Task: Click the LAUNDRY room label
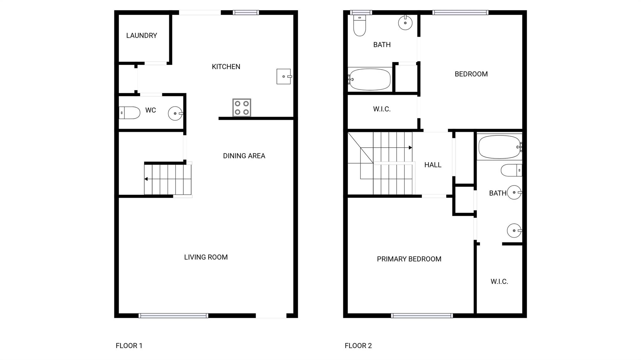click(141, 36)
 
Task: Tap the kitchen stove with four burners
click(242, 108)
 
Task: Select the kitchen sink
click(284, 76)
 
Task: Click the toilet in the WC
click(129, 113)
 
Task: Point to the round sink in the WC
click(175, 113)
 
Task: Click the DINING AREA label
click(244, 156)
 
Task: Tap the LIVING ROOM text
click(206, 257)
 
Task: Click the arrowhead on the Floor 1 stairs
click(146, 179)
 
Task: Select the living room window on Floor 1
click(173, 316)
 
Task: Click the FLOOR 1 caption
click(129, 346)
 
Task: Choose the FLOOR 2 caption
click(358, 346)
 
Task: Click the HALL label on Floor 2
click(433, 165)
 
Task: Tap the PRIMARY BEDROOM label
click(409, 259)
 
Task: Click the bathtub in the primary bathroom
click(500, 147)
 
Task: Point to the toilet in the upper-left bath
click(360, 25)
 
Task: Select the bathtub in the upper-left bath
click(370, 79)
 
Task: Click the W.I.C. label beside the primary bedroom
click(499, 281)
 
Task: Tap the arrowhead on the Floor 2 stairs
click(410, 148)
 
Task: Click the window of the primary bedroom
click(422, 316)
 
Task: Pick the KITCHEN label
click(226, 67)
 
